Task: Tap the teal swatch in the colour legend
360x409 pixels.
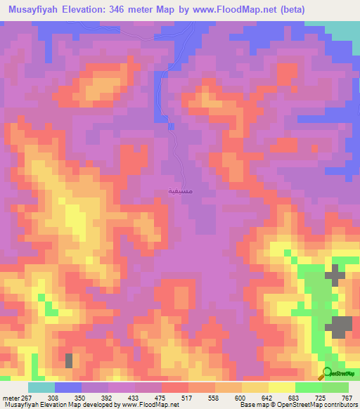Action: pyautogui.click(x=41, y=388)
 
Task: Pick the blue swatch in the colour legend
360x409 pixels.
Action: pyautogui.click(x=67, y=388)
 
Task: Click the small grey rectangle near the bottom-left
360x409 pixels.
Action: pyautogui.click(x=69, y=361)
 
